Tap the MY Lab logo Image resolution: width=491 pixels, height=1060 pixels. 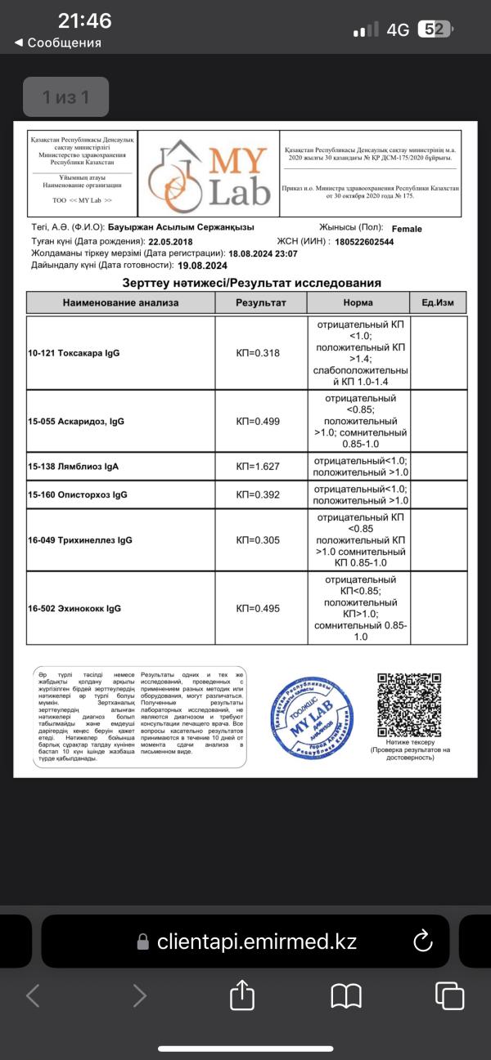coord(208,172)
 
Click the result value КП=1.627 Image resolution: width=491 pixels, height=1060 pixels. coord(261,467)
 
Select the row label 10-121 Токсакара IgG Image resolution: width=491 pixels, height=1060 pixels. coord(74,354)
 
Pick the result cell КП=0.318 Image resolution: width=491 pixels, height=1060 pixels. coord(261,354)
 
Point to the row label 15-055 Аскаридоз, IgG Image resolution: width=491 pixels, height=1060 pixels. coord(76,422)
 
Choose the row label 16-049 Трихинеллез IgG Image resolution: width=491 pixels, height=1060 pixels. coord(79,540)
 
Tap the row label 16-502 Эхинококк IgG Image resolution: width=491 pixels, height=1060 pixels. coord(74,608)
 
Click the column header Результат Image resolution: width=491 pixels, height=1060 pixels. coord(261,302)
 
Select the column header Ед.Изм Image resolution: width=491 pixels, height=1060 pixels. coord(438,302)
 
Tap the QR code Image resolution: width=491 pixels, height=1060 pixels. coord(408,705)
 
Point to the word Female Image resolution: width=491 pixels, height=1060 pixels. coord(407,229)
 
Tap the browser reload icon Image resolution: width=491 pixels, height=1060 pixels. coord(423,941)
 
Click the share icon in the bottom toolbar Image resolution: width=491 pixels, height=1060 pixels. coord(241,995)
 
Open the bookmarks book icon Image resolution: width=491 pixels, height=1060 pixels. coord(346,995)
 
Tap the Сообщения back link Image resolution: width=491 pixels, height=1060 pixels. coord(58,42)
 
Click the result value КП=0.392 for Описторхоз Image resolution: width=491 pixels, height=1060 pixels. coord(261,495)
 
